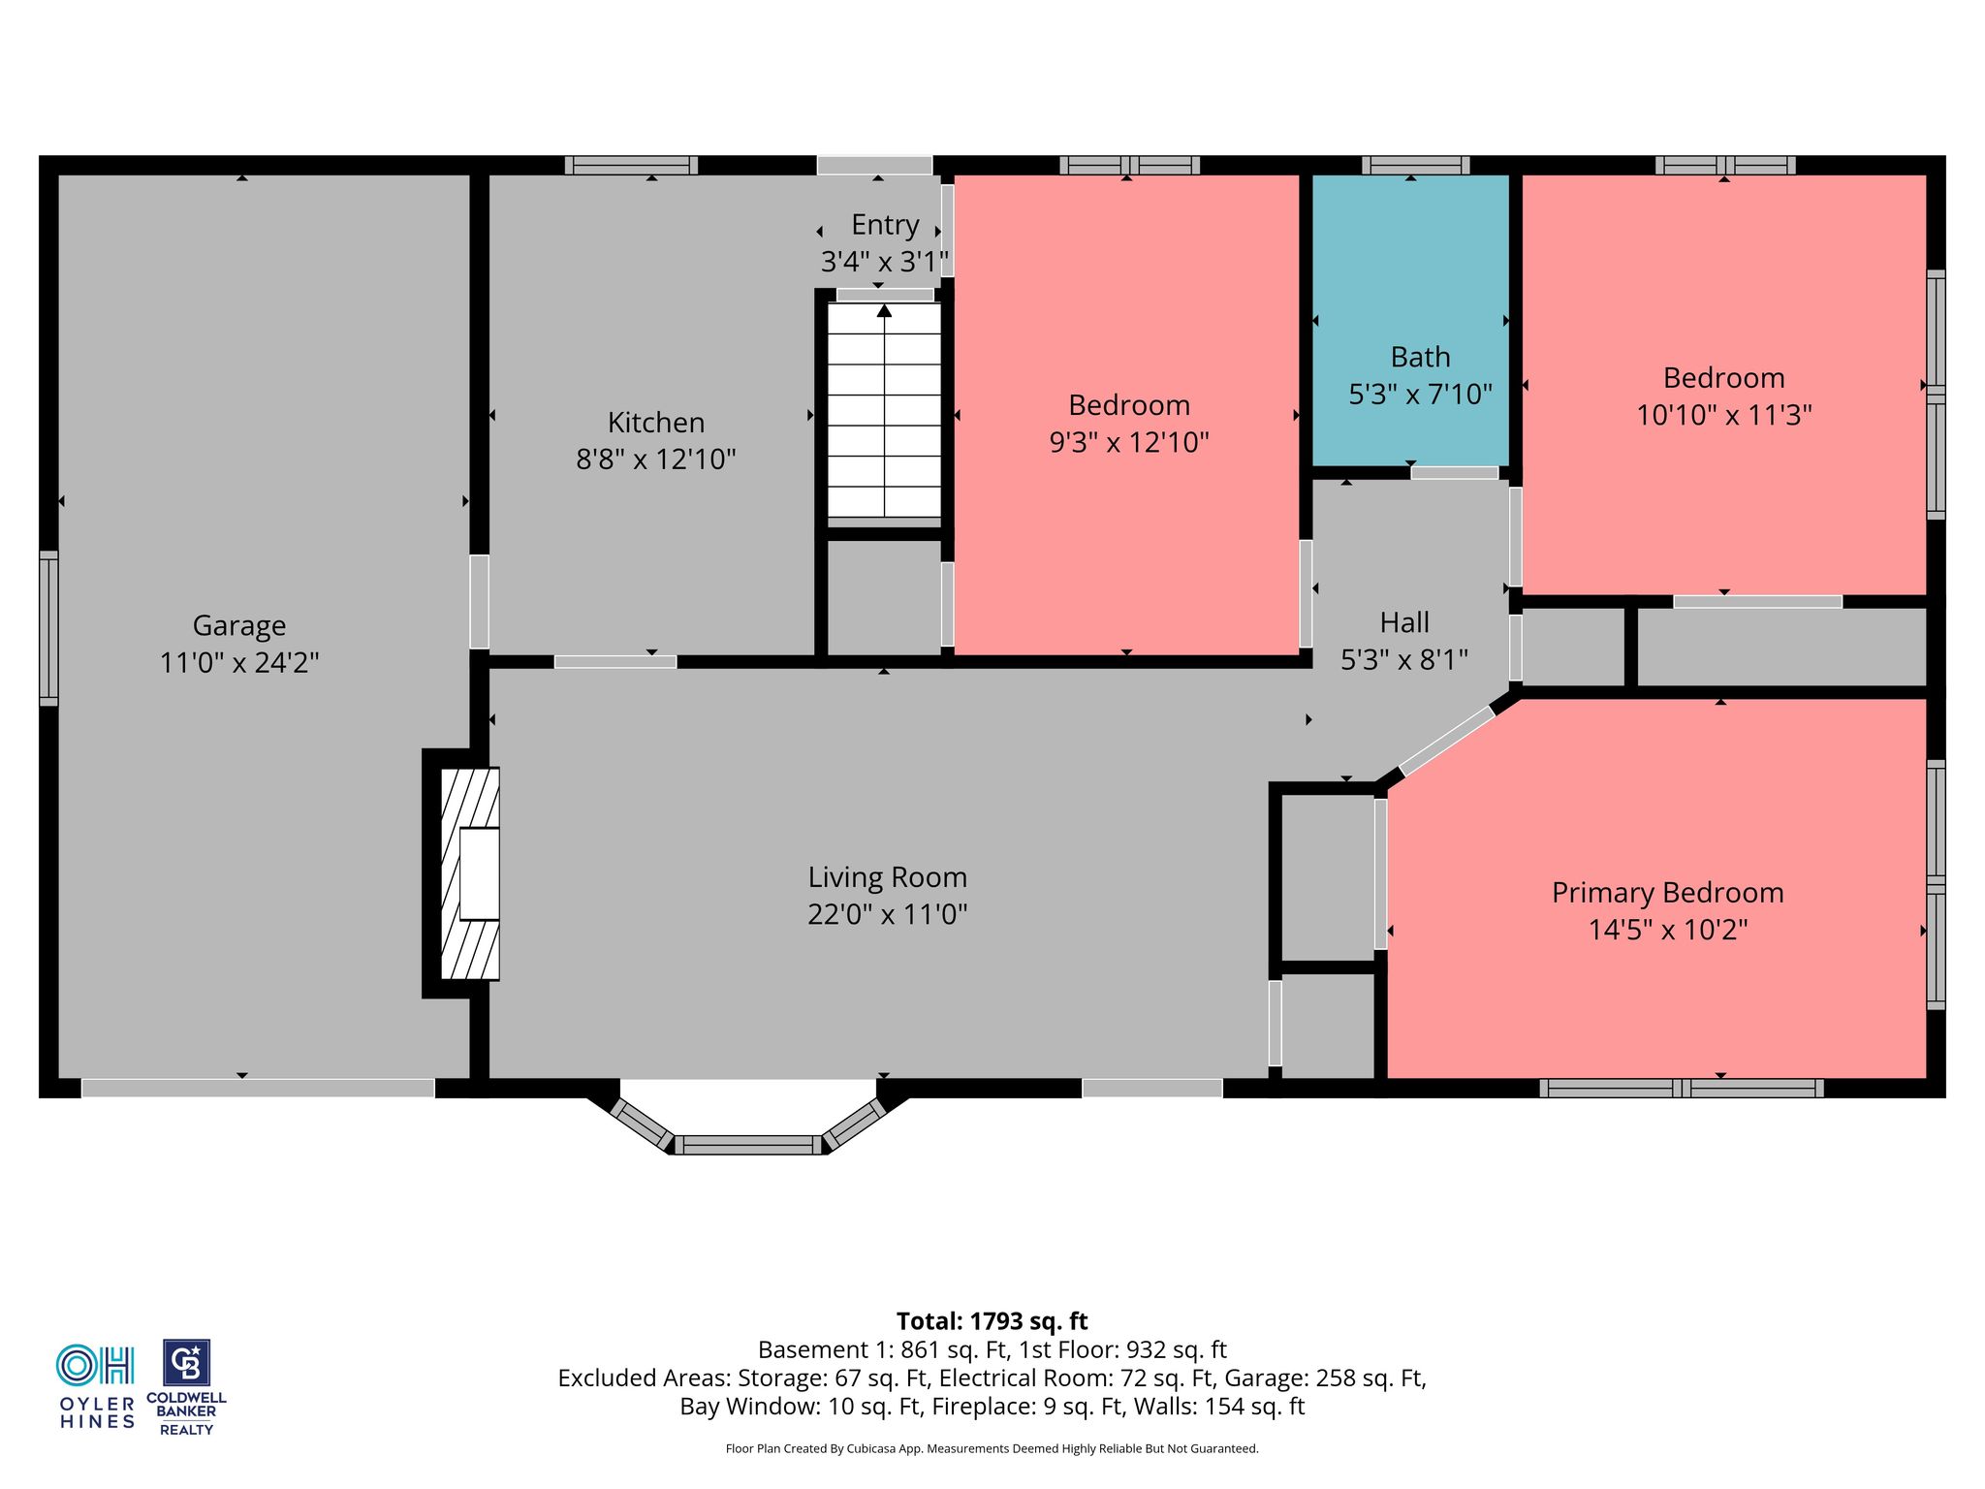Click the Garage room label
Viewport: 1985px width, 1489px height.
coord(239,626)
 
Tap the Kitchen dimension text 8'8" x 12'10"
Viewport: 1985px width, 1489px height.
coord(656,459)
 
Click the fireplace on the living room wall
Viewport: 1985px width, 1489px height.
coord(470,873)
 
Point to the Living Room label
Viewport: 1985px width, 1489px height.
coord(888,877)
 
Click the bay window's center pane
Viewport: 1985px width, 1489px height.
coord(748,1145)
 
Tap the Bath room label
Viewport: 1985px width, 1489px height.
coord(1421,357)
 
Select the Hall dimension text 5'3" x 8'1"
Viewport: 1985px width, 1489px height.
coord(1404,660)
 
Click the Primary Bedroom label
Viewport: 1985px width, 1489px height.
coord(1668,893)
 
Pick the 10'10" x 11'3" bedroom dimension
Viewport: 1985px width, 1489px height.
coord(1724,415)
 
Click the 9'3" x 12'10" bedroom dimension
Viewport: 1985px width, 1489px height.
coord(1129,442)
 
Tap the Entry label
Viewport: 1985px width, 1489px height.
coord(885,225)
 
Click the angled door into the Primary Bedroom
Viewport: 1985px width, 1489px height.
coord(1447,741)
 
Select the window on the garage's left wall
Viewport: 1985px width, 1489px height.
coord(48,628)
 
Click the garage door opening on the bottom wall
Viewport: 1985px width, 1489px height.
coord(258,1088)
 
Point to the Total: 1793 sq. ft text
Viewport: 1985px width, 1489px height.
coord(992,1321)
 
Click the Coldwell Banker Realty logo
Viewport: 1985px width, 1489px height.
coord(186,1387)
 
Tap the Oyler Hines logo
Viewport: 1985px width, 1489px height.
coord(97,1386)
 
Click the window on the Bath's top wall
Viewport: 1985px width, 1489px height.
coord(1415,165)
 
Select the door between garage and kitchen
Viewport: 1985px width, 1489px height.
coord(479,601)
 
